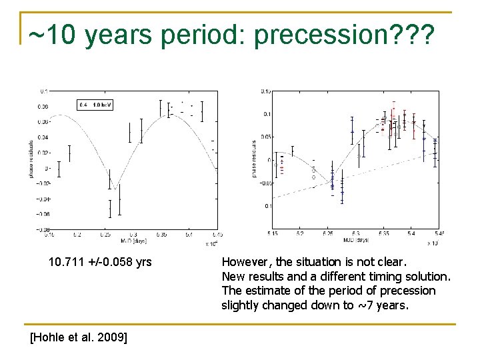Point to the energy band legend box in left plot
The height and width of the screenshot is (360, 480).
pyautogui.click(x=95, y=105)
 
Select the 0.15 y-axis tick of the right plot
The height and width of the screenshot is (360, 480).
pyautogui.click(x=266, y=91)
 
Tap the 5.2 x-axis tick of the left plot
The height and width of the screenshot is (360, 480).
pyautogui.click(x=77, y=235)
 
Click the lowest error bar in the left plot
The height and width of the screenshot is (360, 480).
pyautogui.click(x=110, y=209)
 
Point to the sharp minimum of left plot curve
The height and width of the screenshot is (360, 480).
pyautogui.click(x=115, y=189)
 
